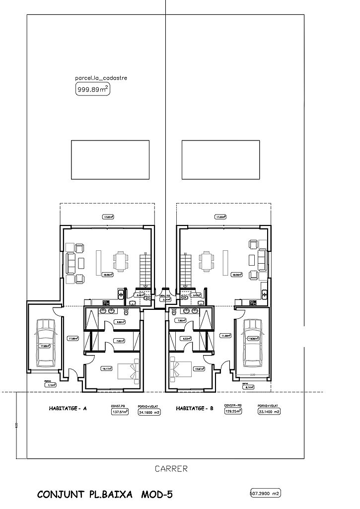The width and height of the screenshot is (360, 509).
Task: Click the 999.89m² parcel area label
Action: [92, 89]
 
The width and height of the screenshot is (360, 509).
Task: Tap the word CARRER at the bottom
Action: [171, 468]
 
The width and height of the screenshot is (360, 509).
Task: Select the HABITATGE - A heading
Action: [68, 409]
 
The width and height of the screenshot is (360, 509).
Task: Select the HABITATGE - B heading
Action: [195, 409]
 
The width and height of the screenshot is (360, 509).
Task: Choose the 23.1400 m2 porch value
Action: [269, 412]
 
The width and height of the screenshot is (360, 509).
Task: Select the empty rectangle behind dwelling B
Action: [220, 159]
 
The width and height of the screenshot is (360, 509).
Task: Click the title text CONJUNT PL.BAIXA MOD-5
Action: [105, 495]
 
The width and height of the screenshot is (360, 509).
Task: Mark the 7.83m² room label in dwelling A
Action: [120, 341]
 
